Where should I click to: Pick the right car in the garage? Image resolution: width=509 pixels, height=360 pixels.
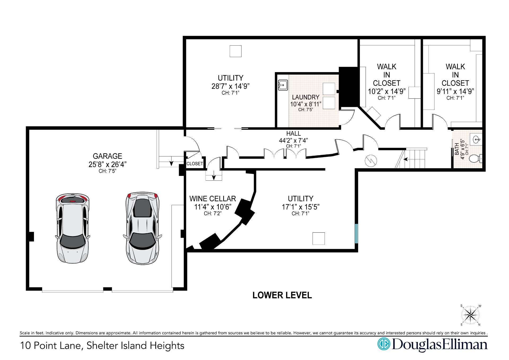[143, 228]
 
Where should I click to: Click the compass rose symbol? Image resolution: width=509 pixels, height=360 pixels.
[471, 315]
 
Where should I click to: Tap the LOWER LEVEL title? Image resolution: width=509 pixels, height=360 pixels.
[282, 295]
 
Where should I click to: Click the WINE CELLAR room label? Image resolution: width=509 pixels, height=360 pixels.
[213, 199]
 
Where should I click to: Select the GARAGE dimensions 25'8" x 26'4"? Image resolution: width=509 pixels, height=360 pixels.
[107, 164]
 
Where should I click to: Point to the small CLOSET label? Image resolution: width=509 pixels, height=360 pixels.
[195, 164]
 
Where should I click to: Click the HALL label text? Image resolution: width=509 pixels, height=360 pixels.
[293, 133]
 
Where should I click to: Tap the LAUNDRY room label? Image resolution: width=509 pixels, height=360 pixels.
[306, 97]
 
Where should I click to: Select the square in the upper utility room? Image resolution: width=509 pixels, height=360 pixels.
[235, 51]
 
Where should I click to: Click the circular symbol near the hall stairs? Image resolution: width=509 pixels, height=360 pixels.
[371, 161]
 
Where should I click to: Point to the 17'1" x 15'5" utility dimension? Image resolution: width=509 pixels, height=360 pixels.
[300, 207]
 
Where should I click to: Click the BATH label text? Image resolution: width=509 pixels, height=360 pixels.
[457, 149]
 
